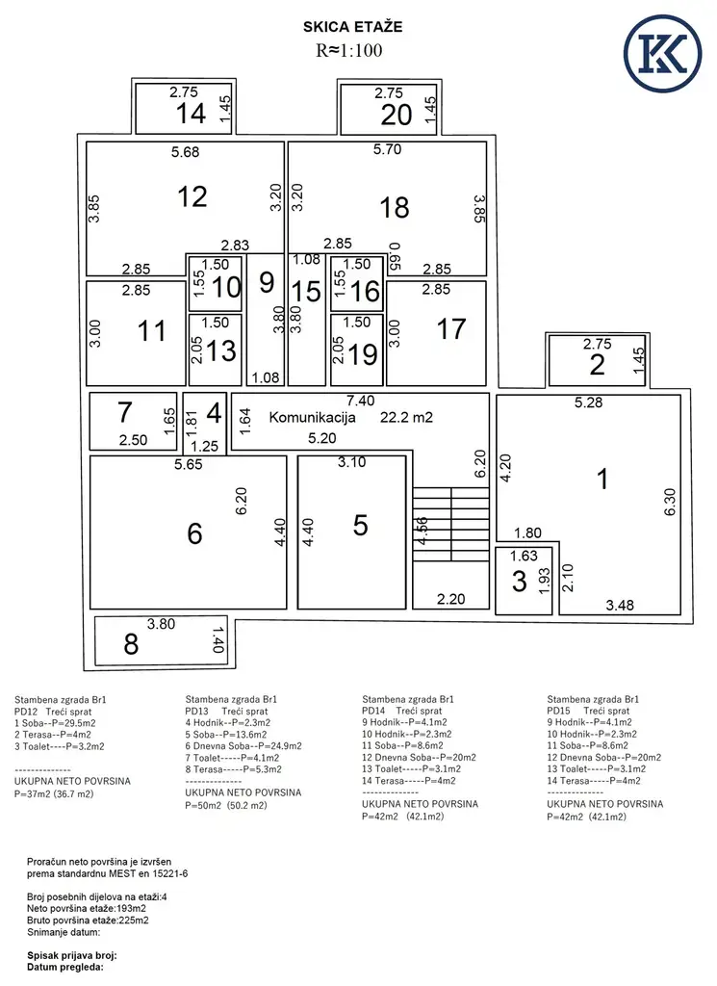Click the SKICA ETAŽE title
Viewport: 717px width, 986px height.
[x=352, y=26]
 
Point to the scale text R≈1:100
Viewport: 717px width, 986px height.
[x=348, y=50]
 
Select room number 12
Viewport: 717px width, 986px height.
[x=192, y=196]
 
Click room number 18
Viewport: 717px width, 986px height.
[x=394, y=208]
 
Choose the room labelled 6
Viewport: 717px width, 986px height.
[x=194, y=533]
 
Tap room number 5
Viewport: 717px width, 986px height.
[x=360, y=525]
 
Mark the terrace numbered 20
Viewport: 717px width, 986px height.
[x=396, y=116]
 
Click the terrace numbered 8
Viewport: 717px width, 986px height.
[x=131, y=644]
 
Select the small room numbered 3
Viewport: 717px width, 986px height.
[x=519, y=581]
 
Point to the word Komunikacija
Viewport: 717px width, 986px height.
[x=313, y=418]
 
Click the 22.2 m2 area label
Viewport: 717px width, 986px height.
[x=406, y=418]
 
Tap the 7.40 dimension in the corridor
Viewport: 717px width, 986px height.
[x=361, y=401]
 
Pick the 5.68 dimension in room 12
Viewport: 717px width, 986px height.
[x=186, y=151]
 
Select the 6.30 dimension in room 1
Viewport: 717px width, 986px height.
[x=670, y=502]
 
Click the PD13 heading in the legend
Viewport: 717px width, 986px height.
[x=196, y=712]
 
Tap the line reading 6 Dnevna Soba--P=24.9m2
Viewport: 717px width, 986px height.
[x=243, y=746]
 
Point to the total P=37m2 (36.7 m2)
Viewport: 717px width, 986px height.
[x=54, y=794]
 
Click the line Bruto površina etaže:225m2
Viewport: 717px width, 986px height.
[x=88, y=921]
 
